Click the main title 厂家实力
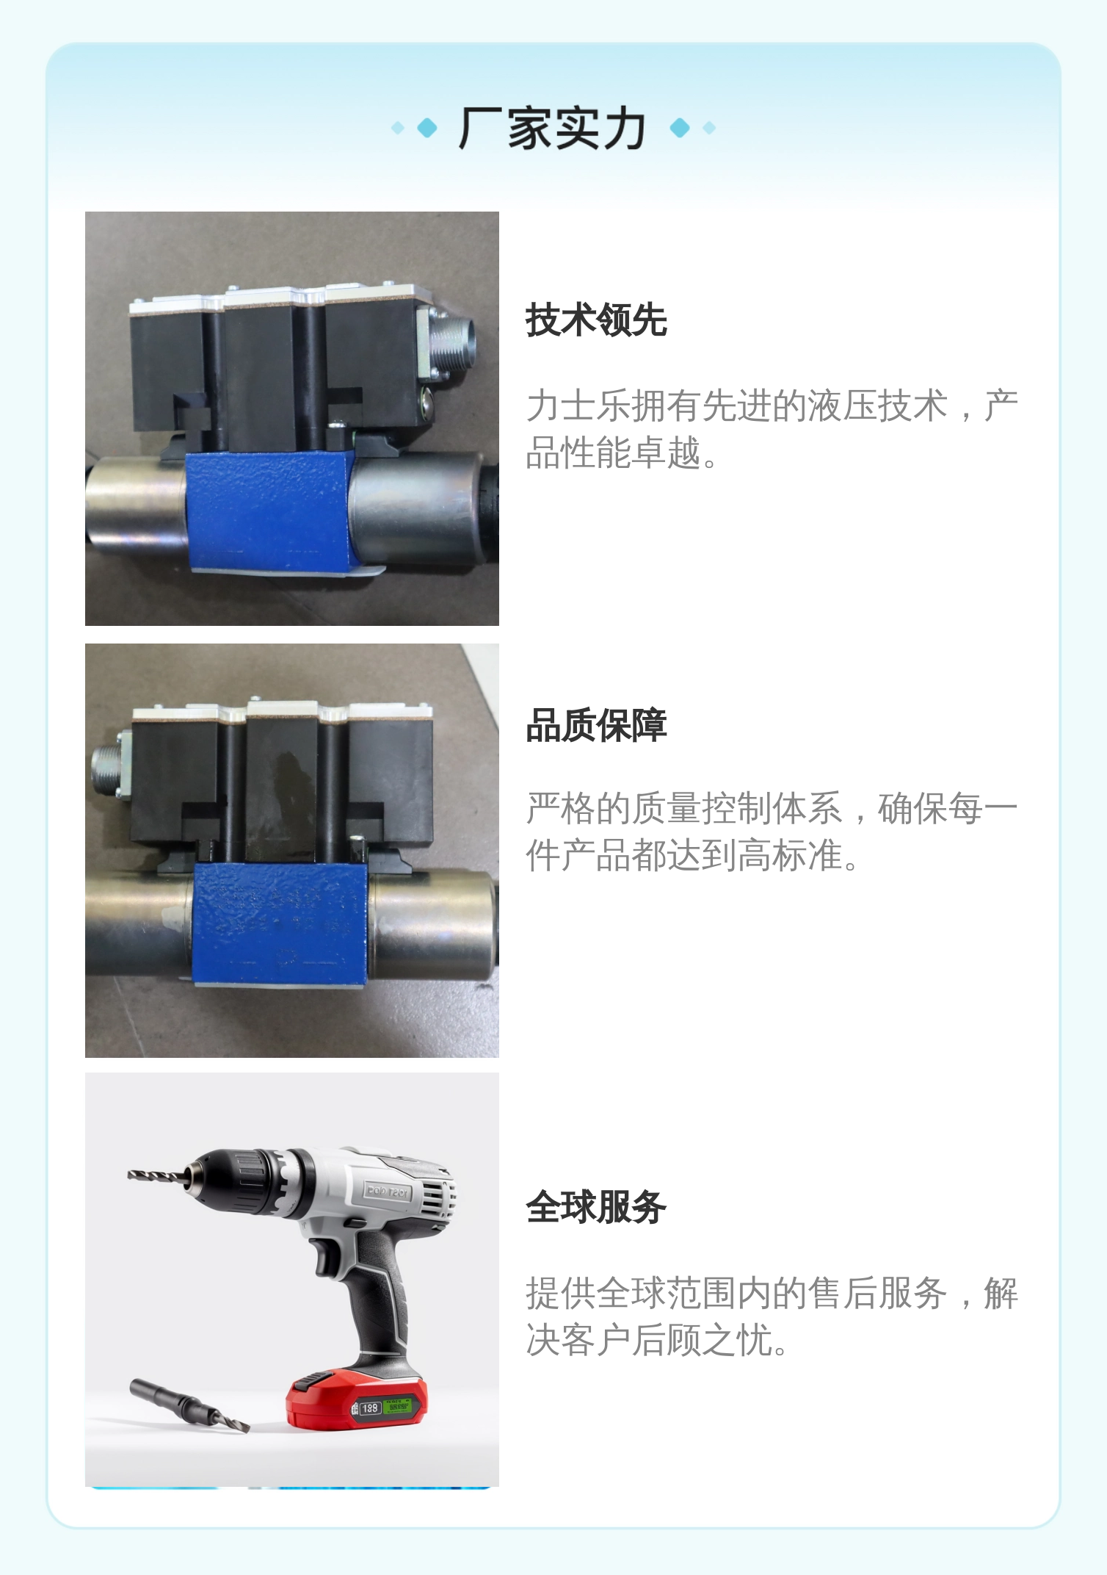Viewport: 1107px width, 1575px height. pos(552,129)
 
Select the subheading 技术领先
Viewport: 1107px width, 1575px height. pos(596,320)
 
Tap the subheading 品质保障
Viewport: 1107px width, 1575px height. pos(596,726)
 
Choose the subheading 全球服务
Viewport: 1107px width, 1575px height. pos(596,1207)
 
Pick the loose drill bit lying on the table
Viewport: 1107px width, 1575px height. pos(189,1405)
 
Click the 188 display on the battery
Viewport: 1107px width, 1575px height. pos(369,1408)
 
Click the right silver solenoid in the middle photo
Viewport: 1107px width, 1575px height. pos(433,923)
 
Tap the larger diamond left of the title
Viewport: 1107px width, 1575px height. pos(427,129)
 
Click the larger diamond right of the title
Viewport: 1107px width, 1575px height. pos(680,129)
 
